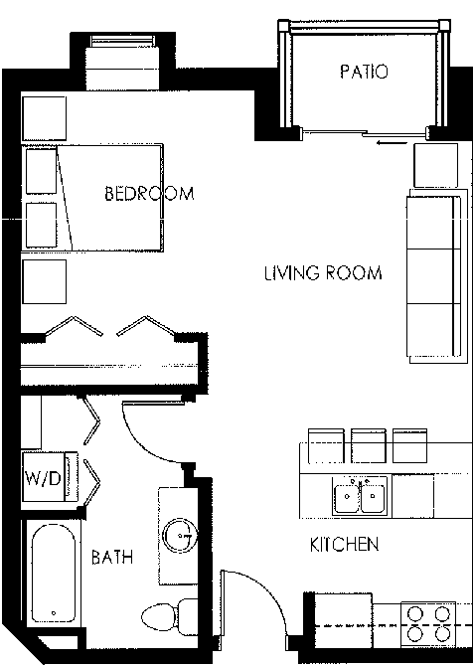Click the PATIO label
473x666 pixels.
pos(363,73)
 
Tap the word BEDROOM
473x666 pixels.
pos(149,194)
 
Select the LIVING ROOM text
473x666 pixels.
pos(323,273)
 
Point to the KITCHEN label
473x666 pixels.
pos(344,545)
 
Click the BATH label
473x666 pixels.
pos(112,558)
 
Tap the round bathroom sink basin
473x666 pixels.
pos(180,534)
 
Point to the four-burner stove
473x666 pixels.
pos(428,624)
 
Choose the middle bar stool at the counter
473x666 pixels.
pos(367,444)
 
